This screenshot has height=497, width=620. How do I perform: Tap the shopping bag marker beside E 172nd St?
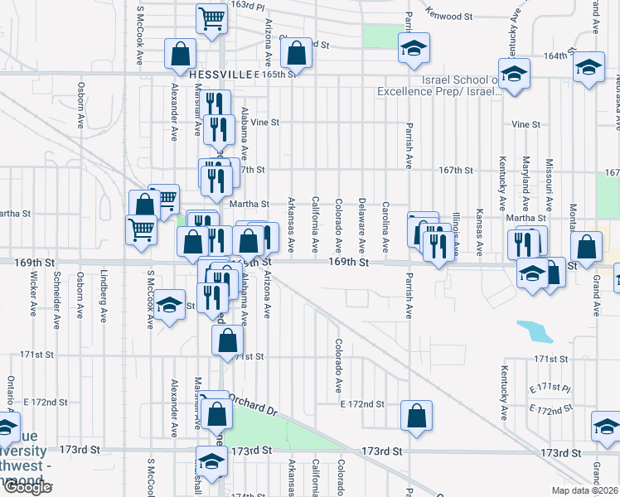click(x=416, y=415)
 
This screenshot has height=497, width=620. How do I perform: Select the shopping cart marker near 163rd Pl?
click(x=212, y=18)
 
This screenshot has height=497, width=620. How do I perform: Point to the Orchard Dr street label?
click(x=252, y=405)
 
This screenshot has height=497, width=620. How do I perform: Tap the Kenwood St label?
click(x=448, y=15)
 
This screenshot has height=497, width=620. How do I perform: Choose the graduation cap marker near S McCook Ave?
click(x=169, y=307)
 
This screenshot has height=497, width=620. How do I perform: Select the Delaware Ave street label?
click(x=362, y=225)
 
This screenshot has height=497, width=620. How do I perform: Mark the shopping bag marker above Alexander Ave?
click(x=180, y=55)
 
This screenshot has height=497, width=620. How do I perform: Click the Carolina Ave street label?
click(x=385, y=226)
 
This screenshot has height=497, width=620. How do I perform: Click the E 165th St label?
click(x=275, y=75)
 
